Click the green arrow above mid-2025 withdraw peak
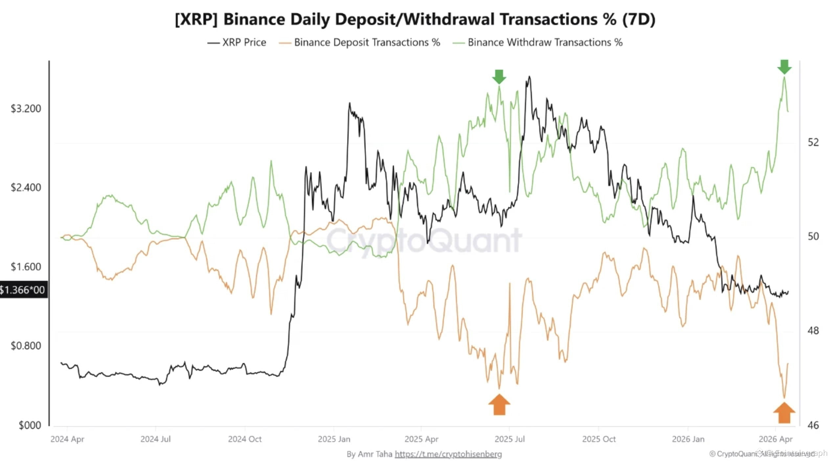499,77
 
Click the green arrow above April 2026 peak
784,67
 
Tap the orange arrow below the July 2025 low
499,405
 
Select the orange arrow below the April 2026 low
784,413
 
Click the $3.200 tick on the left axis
26,109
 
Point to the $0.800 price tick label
26,346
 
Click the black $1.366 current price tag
23,290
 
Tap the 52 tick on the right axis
813,142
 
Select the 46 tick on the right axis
813,425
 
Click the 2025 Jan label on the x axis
334,439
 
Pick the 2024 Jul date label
155,439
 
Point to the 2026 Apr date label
775,439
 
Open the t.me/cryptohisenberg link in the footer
448,454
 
